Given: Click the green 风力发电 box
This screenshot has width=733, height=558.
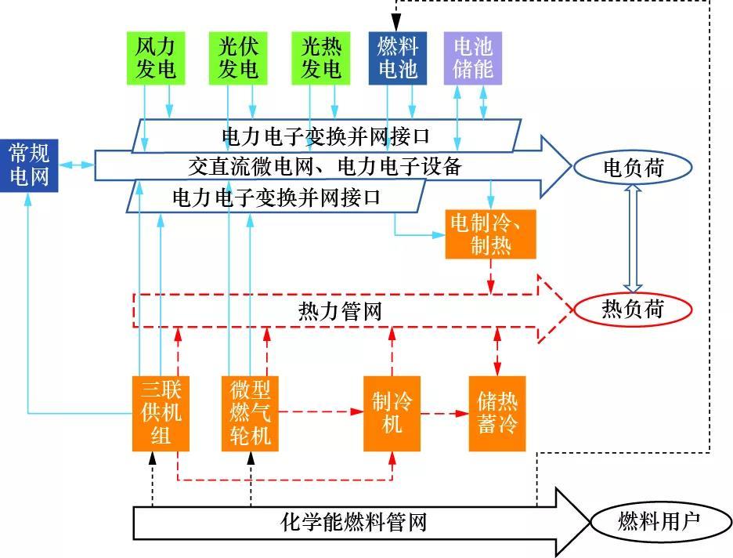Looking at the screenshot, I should pyautogui.click(x=156, y=58).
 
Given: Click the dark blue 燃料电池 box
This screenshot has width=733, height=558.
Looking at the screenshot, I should pyautogui.click(x=398, y=58).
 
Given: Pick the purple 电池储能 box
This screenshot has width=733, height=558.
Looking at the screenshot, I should pyautogui.click(x=473, y=58).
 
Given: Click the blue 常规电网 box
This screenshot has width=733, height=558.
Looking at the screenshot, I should pyautogui.click(x=29, y=165).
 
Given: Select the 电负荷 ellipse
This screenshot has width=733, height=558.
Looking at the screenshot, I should pyautogui.click(x=633, y=168).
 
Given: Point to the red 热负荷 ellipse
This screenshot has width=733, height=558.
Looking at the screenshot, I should pyautogui.click(x=633, y=310).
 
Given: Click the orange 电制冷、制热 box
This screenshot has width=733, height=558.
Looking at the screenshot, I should pyautogui.click(x=491, y=234).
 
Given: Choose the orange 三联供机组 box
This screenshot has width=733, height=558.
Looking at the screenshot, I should pyautogui.click(x=161, y=413).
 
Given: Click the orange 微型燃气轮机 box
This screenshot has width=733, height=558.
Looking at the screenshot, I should pyautogui.click(x=251, y=413).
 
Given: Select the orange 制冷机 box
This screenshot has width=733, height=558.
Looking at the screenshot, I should pyautogui.click(x=392, y=413).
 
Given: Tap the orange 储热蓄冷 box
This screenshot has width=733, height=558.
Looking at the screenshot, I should pyautogui.click(x=497, y=413).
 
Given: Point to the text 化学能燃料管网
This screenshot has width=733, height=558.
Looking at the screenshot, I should pyautogui.click(x=354, y=522).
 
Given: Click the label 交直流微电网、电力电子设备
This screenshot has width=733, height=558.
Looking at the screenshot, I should pyautogui.click(x=325, y=166).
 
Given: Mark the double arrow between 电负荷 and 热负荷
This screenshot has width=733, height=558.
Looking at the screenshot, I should pyautogui.click(x=633, y=238).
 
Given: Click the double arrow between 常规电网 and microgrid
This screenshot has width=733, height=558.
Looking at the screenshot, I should pyautogui.click(x=76, y=165).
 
